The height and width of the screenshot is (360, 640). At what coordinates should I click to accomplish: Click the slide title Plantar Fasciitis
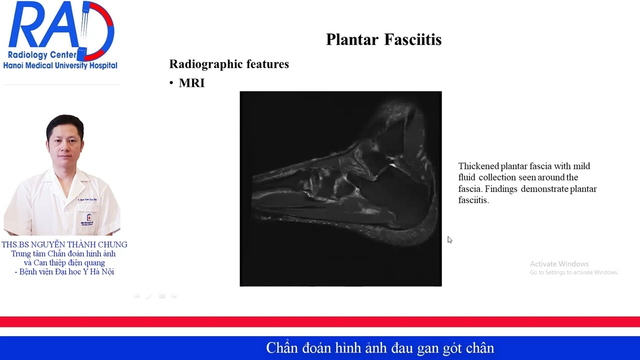click(x=383, y=39)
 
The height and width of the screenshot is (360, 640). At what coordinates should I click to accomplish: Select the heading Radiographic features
click(x=229, y=64)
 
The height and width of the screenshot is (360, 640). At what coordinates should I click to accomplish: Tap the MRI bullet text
click(x=191, y=83)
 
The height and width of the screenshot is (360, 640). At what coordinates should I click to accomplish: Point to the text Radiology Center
click(x=42, y=55)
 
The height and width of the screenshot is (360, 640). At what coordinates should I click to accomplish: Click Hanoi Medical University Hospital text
click(x=60, y=65)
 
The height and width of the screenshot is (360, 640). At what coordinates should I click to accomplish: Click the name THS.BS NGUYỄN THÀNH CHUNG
click(x=64, y=244)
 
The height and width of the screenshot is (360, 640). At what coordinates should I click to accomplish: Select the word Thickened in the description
click(x=478, y=166)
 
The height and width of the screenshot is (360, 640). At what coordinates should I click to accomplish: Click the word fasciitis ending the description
click(x=473, y=200)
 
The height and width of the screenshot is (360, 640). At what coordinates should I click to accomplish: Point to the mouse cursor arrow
click(x=449, y=239)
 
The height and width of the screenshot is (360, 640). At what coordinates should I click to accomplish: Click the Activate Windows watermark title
click(x=559, y=264)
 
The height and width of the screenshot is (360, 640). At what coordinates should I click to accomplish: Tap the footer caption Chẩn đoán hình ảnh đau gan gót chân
click(x=380, y=347)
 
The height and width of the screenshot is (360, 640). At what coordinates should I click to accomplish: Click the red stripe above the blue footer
click(x=320, y=321)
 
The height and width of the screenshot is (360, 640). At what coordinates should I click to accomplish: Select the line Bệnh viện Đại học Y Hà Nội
click(x=66, y=271)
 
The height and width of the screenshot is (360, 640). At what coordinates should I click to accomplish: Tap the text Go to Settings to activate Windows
click(x=573, y=272)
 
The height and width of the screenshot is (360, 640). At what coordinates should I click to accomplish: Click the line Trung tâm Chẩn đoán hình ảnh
click(x=63, y=253)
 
